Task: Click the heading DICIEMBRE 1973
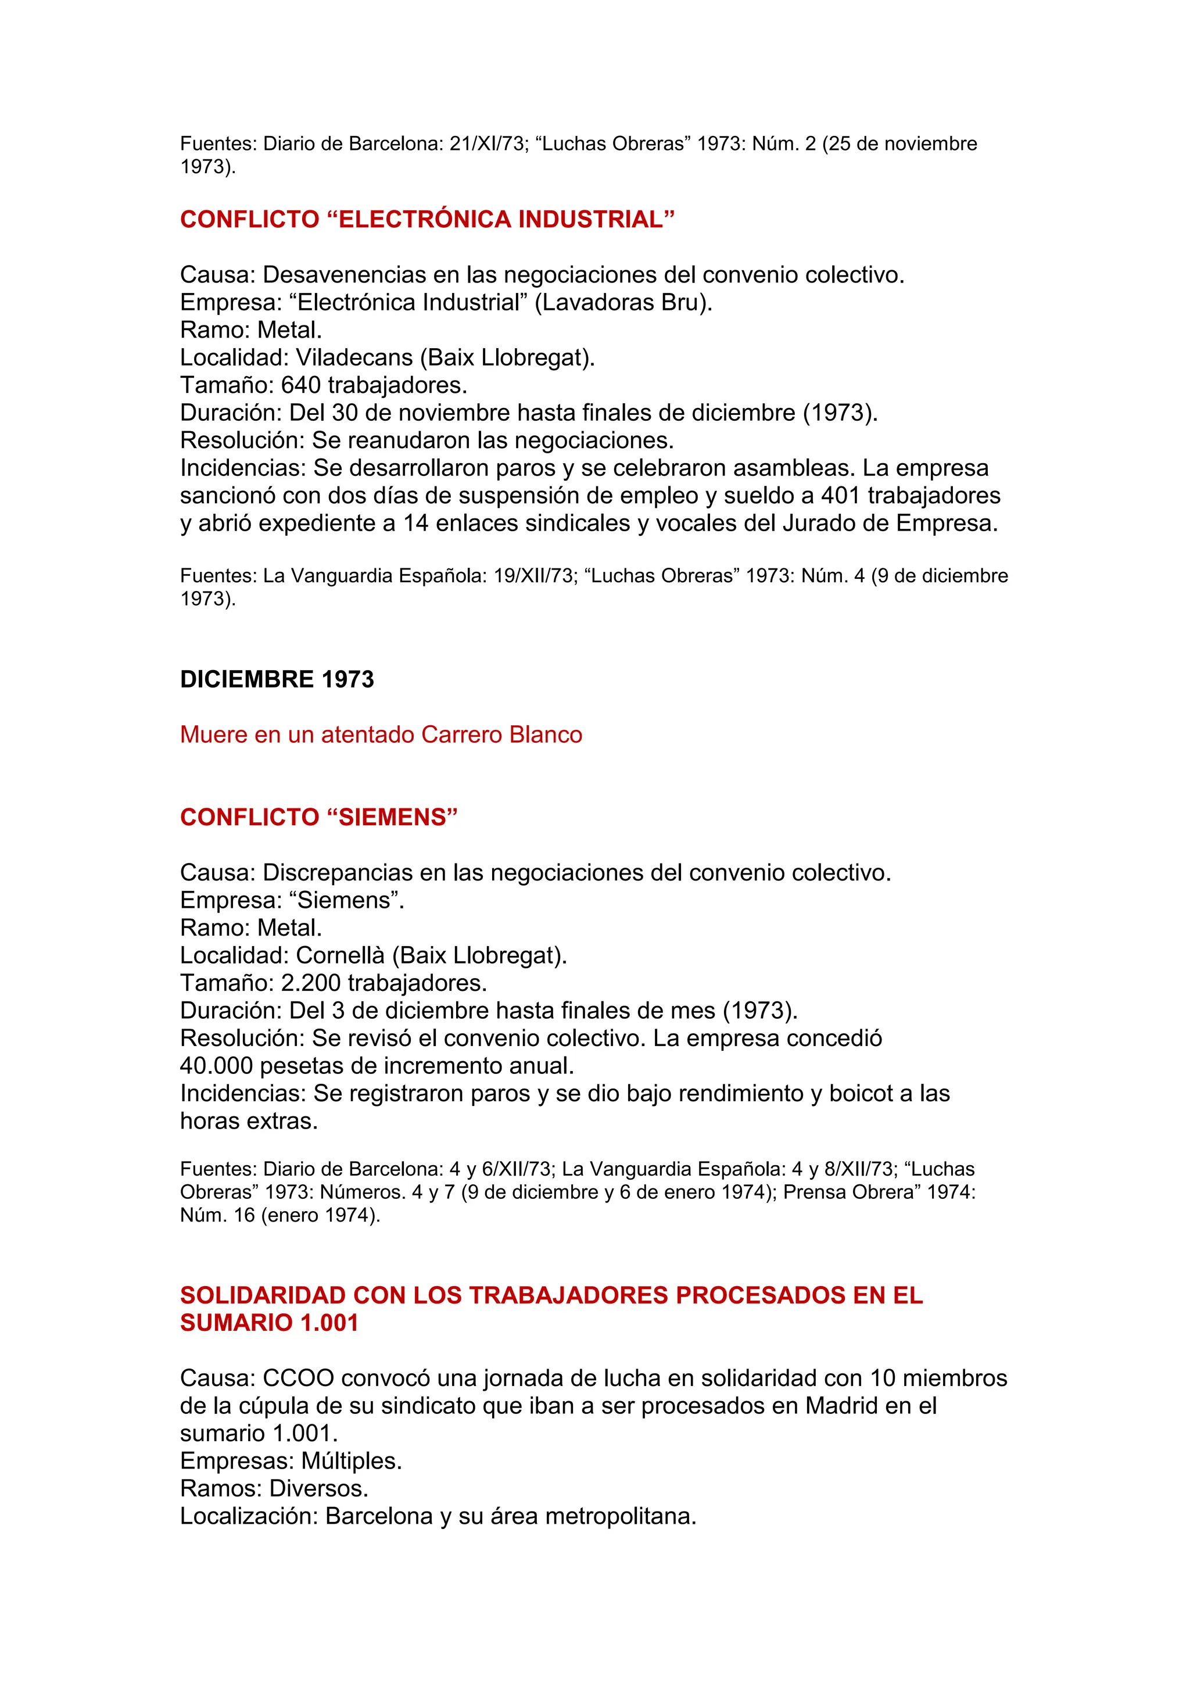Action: coord(277,679)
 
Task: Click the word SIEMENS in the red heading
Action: coord(393,817)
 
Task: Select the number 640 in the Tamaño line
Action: coord(301,385)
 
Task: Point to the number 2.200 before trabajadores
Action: coord(311,983)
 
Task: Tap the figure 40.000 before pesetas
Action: coord(216,1066)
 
